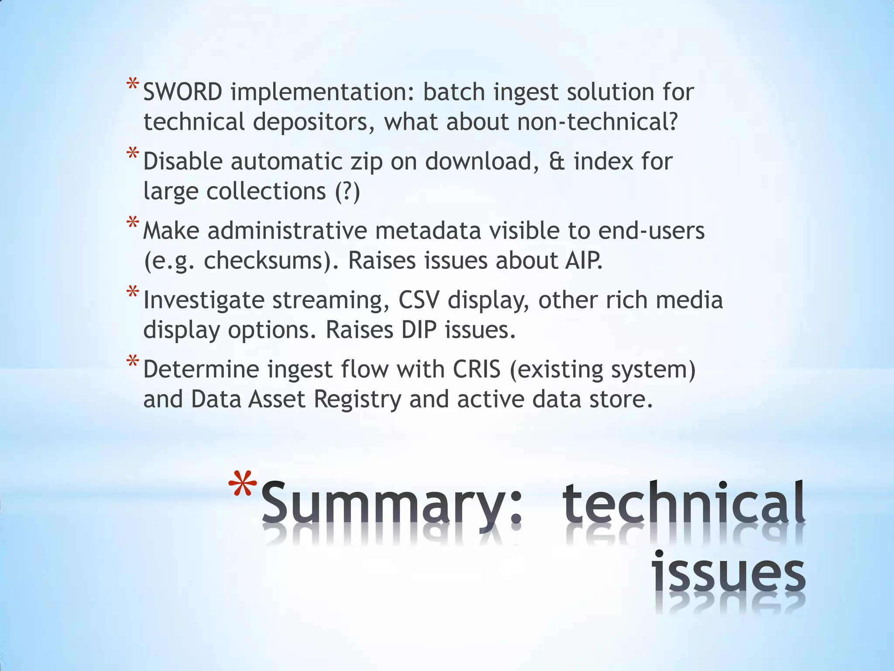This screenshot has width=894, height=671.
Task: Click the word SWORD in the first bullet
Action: tap(182, 92)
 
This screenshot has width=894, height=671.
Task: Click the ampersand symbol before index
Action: tap(557, 162)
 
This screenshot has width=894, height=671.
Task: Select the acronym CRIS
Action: tap(476, 370)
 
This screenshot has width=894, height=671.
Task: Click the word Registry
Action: tap(357, 399)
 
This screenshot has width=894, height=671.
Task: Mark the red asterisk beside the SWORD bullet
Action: tap(133, 85)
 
